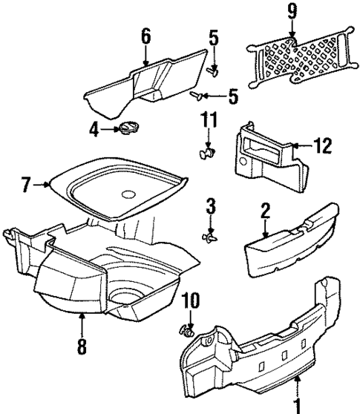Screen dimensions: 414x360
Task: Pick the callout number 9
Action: pos(292,12)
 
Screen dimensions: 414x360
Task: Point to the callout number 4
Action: pos(94,130)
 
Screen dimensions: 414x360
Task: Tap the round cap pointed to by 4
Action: pos(125,130)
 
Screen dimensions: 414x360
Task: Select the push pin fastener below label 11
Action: pos(208,154)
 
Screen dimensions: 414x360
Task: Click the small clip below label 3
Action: pos(210,237)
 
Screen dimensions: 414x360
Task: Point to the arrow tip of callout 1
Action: pos(298,379)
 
